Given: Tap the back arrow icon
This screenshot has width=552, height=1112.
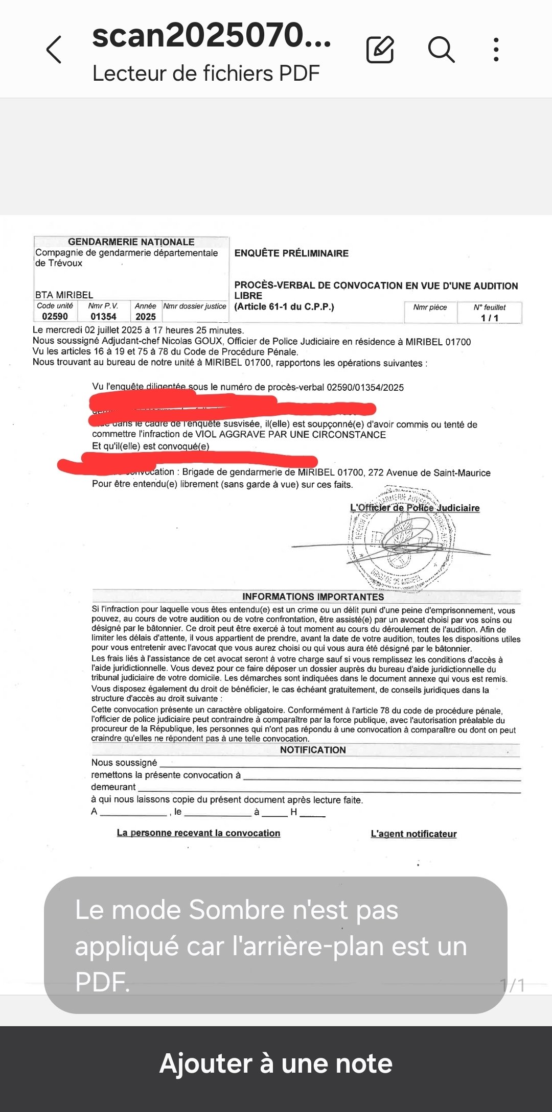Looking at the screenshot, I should pyautogui.click(x=54, y=50).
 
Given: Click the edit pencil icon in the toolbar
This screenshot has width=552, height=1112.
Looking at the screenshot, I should pyautogui.click(x=380, y=50).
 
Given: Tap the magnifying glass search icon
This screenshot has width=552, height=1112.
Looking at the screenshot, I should pyautogui.click(x=441, y=50).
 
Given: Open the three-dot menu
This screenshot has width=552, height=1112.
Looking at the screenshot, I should pyautogui.click(x=496, y=50).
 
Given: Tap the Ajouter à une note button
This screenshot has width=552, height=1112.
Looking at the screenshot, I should pyautogui.click(x=276, y=1063).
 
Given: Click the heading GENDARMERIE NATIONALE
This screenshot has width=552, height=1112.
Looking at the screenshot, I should pyautogui.click(x=131, y=242).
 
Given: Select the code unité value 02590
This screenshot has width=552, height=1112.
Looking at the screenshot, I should pyautogui.click(x=55, y=317).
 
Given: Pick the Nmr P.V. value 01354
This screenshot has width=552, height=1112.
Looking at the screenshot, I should pyautogui.click(x=103, y=317).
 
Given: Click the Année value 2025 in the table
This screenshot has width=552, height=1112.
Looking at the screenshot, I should pyautogui.click(x=146, y=317).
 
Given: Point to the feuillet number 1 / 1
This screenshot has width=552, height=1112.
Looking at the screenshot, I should pyautogui.click(x=490, y=318).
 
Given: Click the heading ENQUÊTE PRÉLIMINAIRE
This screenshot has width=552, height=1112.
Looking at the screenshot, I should pyautogui.click(x=291, y=253).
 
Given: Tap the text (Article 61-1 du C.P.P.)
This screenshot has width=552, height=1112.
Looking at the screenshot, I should pyautogui.click(x=284, y=307).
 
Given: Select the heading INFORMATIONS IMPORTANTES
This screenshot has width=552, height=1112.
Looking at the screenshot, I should pyautogui.click(x=313, y=597).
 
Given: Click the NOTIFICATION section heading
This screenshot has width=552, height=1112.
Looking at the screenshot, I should pyautogui.click(x=313, y=750).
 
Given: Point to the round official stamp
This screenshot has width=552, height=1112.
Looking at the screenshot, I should pyautogui.click(x=401, y=539).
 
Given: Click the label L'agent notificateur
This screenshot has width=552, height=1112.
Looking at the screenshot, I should pyautogui.click(x=413, y=834).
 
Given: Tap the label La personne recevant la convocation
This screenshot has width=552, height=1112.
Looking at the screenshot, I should pyautogui.click(x=198, y=833).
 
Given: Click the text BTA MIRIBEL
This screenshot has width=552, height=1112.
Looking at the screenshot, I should pyautogui.click(x=64, y=295).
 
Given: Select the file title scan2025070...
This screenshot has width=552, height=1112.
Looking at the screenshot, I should pyautogui.click(x=211, y=36).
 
